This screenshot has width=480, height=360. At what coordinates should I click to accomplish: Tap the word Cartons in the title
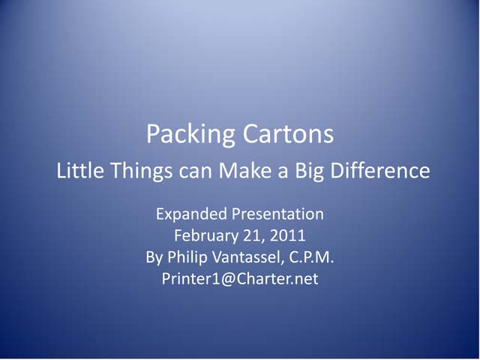pos(288,135)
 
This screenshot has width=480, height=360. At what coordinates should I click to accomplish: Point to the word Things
pos(138,171)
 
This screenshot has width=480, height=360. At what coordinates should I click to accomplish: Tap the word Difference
pos(381,171)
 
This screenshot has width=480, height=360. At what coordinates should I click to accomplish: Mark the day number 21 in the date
pos(252,236)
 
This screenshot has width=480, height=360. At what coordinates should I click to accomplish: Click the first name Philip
pos(188,257)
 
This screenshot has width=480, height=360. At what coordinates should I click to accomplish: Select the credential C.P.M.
pos(311,257)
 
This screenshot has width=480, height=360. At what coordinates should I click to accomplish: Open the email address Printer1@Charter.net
pos(240,279)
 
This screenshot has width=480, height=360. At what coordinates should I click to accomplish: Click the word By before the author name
pos(154,257)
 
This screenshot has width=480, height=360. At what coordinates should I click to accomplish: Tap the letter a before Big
pos(282,172)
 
